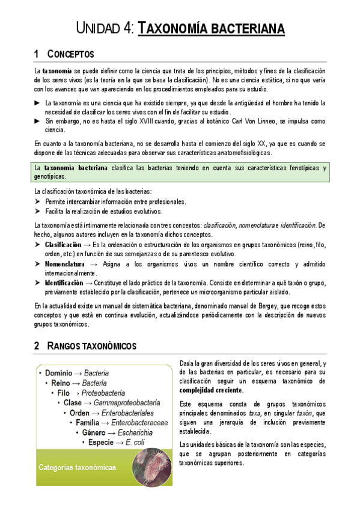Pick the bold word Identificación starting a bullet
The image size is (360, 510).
(x=64, y=282)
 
